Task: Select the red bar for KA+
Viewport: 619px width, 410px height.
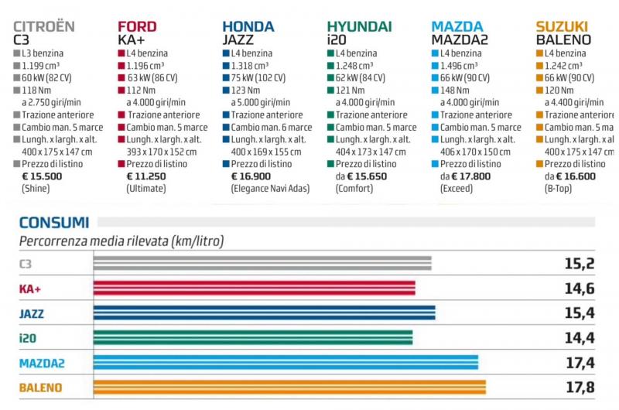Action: pyautogui.click(x=254, y=289)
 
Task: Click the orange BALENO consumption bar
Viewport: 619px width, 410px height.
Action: pyautogui.click(x=289, y=387)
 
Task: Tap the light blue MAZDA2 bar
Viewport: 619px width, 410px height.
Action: pyautogui.click(x=286, y=363)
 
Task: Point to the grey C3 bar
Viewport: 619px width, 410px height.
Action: pyautogui.click(x=262, y=264)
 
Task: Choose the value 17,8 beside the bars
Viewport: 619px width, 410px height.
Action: pyautogui.click(x=579, y=387)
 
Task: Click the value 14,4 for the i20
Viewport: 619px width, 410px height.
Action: pyautogui.click(x=579, y=338)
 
